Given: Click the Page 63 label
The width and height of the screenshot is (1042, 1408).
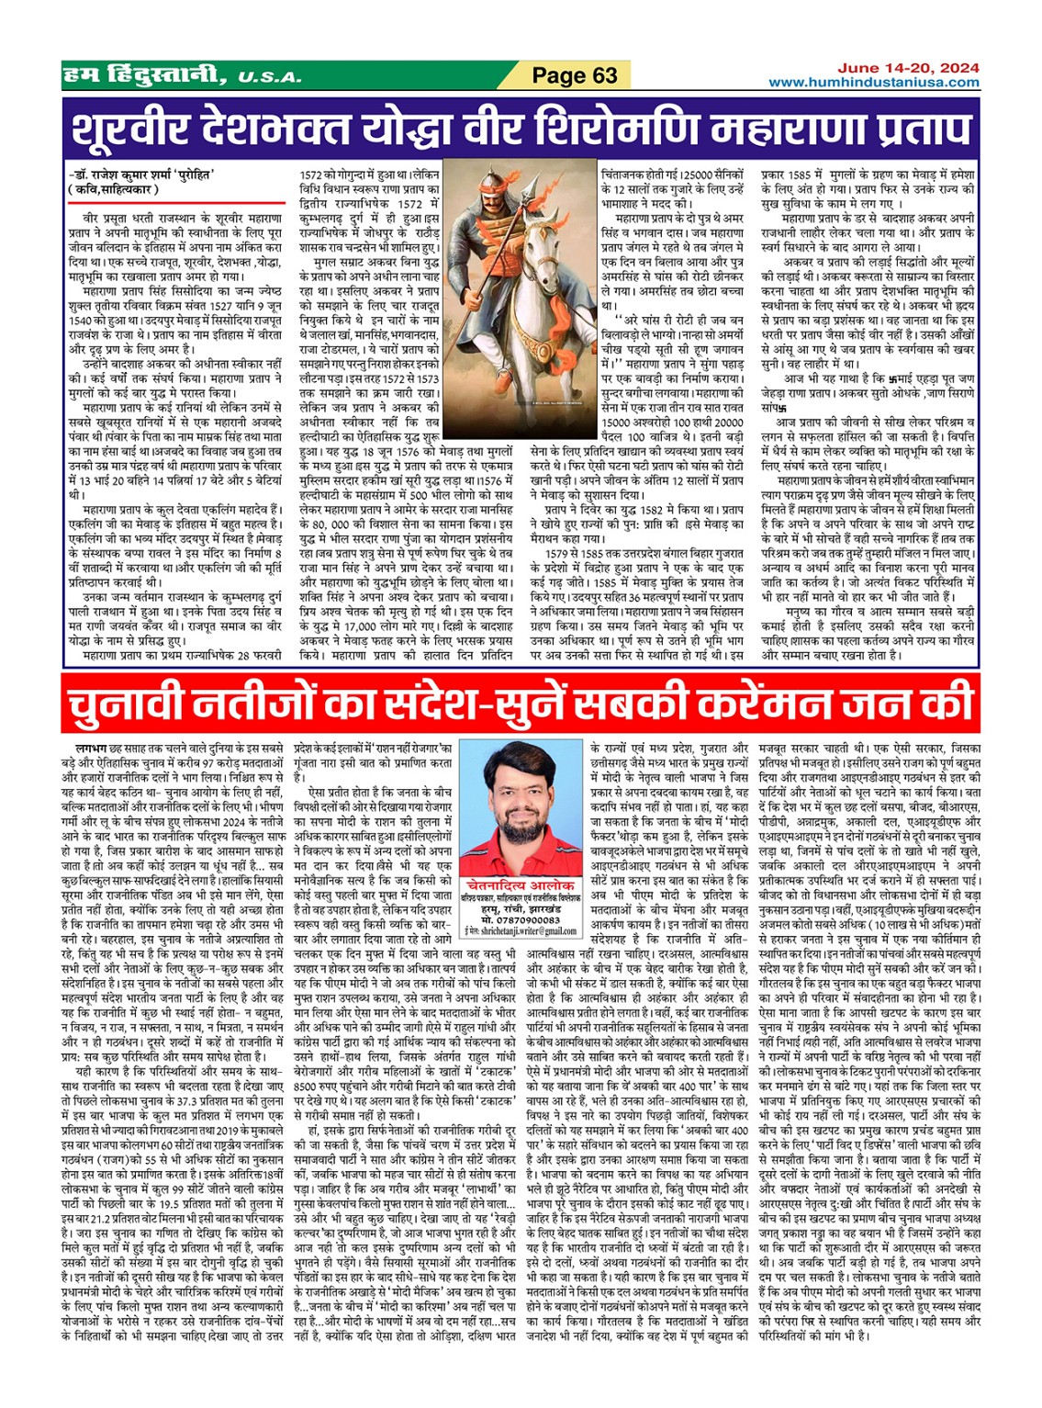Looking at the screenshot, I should point(575,75).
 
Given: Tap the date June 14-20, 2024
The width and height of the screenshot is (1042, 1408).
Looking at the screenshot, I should point(907,68).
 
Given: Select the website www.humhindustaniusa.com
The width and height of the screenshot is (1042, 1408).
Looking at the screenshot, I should point(873,83).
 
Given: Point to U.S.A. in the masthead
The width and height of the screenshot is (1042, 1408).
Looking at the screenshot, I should point(269,78).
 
